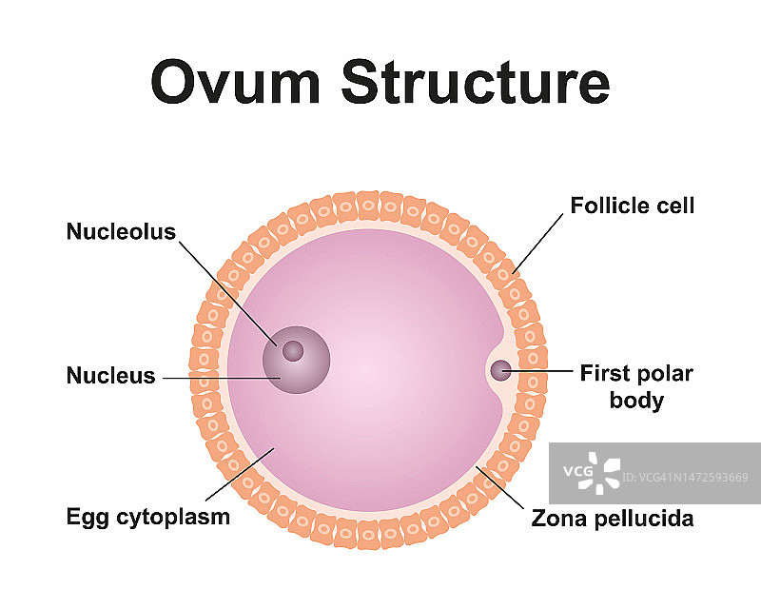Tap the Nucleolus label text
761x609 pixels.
click(x=121, y=232)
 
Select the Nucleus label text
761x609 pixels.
click(x=110, y=376)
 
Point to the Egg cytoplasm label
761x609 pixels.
click(x=147, y=518)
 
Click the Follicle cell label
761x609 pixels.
click(x=633, y=206)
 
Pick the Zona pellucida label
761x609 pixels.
click(x=613, y=519)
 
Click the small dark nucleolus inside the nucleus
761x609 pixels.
click(x=293, y=351)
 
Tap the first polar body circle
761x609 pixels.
click(x=500, y=371)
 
